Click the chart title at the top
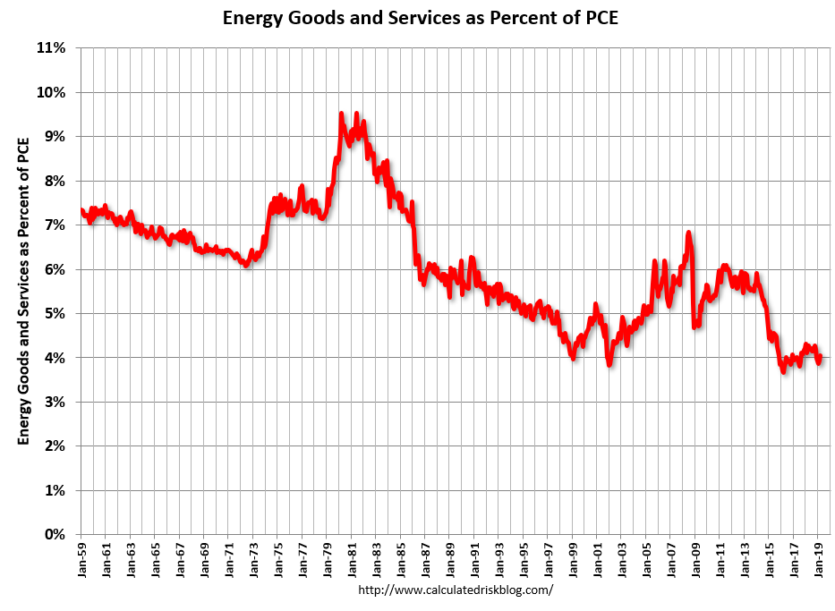coord(421,17)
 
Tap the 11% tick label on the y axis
coord(52,48)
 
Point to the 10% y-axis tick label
coord(52,92)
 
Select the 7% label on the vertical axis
coord(55,225)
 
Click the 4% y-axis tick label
coord(55,358)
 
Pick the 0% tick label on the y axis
coord(55,534)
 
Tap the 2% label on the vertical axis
coord(55,446)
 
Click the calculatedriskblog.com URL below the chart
coord(456,590)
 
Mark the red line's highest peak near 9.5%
coord(342,114)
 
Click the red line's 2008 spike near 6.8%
coord(688,233)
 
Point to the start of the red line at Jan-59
coord(81,209)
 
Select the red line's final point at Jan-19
coord(820,356)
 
